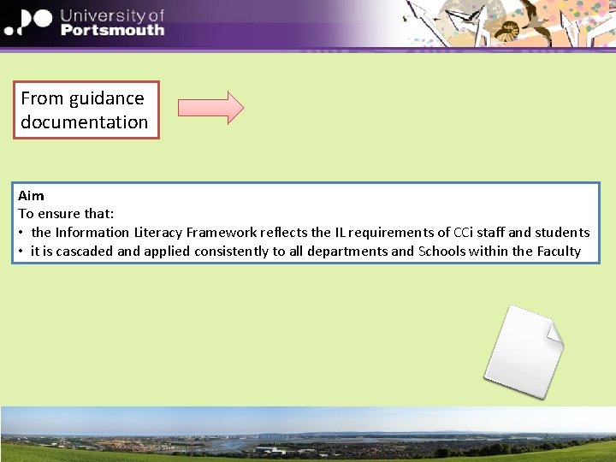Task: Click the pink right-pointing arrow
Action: pos(210,107)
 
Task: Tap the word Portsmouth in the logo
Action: pos(112,30)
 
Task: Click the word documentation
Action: pos(85,122)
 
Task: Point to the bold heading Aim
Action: pos(31,196)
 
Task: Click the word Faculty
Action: pos(559,252)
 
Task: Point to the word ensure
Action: pos(58,214)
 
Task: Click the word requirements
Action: pos(394,233)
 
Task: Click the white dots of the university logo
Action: pos(26,21)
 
